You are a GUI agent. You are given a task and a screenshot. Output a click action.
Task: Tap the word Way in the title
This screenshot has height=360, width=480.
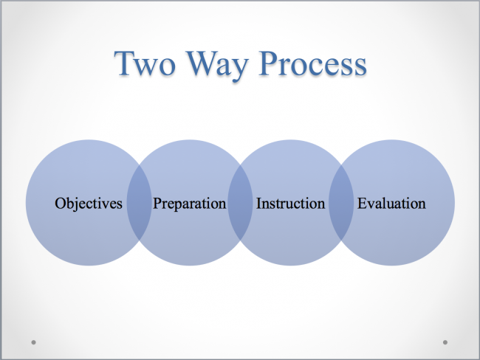pos(217,66)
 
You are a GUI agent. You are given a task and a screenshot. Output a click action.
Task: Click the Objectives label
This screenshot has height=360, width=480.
pos(89,204)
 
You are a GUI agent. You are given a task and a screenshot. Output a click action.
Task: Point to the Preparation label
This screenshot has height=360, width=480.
pos(190,204)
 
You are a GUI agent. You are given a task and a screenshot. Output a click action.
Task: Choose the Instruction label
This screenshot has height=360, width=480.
pos(290,204)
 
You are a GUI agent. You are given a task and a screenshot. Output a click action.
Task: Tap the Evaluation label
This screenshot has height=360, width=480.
pos(391,204)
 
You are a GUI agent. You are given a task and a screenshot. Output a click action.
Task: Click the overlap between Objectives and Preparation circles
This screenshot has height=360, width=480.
pos(140,202)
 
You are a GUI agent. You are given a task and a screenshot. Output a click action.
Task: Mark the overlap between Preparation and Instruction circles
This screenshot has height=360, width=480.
pos(240,202)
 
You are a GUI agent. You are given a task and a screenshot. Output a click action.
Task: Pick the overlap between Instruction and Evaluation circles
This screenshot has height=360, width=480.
pos(341,202)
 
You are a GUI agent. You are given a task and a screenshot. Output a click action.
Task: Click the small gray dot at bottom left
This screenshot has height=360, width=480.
pos(34,342)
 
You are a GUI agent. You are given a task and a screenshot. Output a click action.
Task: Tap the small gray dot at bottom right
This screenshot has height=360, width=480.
pos(445,342)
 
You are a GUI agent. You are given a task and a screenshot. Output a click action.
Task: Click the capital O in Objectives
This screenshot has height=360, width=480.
pos(61,204)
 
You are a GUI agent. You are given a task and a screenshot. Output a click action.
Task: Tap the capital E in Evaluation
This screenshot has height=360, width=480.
pos(363,204)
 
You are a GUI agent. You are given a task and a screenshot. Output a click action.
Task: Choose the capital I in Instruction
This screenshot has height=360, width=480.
pos(259,204)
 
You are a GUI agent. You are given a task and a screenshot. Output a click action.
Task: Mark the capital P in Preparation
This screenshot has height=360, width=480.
pos(157,204)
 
